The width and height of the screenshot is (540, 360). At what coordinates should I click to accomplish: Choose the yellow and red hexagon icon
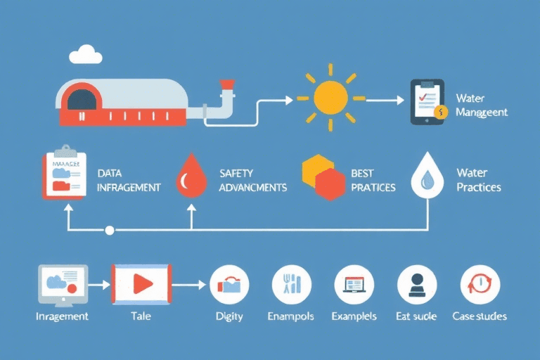click(323, 176)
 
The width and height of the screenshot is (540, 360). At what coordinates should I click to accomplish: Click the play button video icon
click(141, 283)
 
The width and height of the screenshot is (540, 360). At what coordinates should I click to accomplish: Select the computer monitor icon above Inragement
click(63, 285)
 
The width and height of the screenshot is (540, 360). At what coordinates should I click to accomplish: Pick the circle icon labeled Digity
click(230, 285)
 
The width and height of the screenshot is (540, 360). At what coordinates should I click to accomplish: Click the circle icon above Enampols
click(291, 285)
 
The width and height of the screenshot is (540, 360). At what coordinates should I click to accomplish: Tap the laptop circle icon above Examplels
click(354, 285)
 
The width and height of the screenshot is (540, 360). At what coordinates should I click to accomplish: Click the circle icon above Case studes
click(480, 285)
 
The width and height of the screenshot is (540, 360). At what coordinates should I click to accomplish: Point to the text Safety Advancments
click(252, 180)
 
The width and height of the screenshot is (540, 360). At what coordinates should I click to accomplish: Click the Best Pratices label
click(373, 180)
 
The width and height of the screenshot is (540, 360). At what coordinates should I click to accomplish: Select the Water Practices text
click(478, 180)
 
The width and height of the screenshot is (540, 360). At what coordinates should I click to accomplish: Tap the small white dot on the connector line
click(109, 230)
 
